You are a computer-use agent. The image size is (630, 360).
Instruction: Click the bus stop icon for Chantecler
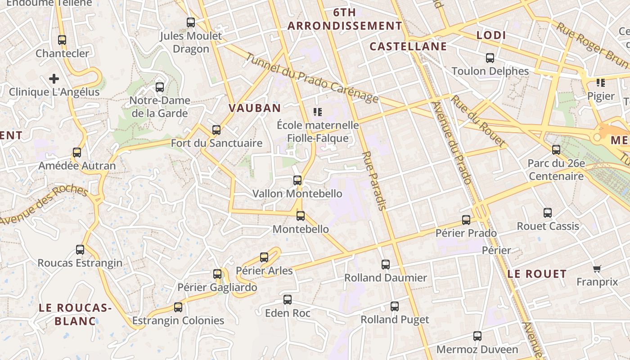tap(62, 40)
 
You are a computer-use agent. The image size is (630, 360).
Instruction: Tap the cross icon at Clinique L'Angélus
tap(54, 79)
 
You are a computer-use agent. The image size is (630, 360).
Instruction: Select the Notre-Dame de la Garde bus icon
tap(160, 87)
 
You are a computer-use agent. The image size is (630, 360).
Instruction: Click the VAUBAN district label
tap(255, 108)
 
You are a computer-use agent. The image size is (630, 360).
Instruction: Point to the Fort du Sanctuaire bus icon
tap(216, 130)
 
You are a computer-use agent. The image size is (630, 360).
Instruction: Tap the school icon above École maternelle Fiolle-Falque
tap(318, 112)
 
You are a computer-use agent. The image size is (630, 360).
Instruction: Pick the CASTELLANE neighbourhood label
tap(408, 46)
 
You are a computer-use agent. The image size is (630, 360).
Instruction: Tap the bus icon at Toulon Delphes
tap(490, 58)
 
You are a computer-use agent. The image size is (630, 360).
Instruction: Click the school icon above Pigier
tap(601, 83)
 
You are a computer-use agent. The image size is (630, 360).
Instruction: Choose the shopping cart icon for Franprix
tap(597, 269)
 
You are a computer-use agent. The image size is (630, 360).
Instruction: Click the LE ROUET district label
tap(537, 274)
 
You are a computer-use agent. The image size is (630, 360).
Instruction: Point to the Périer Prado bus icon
tap(466, 220)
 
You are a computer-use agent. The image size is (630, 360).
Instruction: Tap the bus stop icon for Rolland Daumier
tap(386, 265)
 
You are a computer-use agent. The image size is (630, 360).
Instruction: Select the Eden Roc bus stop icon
tap(288, 300)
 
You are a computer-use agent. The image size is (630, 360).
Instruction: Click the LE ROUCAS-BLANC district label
tap(75, 314)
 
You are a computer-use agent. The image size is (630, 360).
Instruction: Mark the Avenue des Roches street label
tap(44, 205)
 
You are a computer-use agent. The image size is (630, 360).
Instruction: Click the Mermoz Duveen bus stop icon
tap(477, 336)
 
